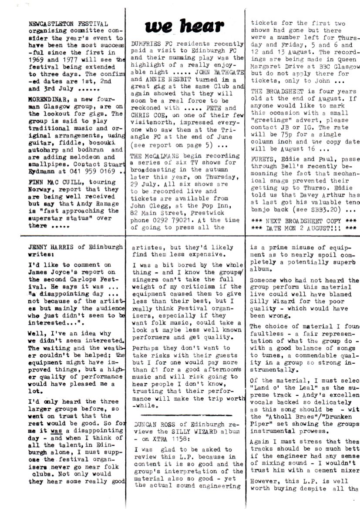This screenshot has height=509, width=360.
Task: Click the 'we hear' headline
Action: [187, 27]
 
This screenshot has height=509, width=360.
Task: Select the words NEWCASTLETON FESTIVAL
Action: [64, 23]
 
